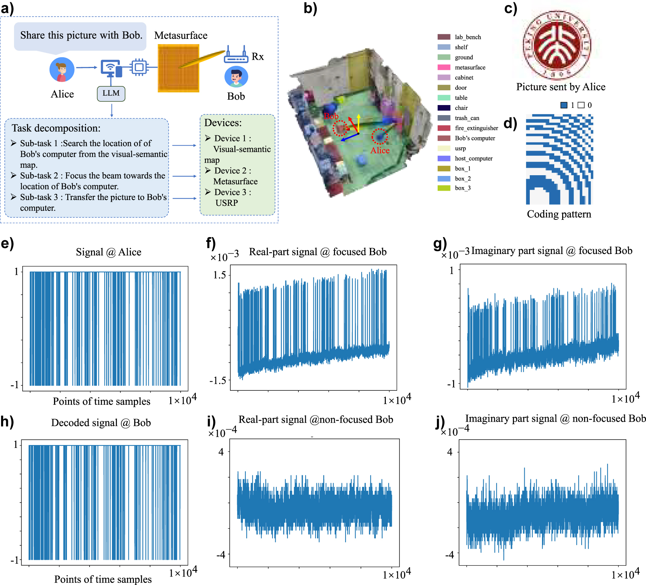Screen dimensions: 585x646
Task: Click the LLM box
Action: click(111, 94)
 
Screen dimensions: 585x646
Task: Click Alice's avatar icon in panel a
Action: click(62, 70)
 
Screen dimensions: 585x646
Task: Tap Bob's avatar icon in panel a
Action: click(236, 77)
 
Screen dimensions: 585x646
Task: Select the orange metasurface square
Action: click(178, 68)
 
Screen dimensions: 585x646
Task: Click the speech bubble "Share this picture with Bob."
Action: click(81, 36)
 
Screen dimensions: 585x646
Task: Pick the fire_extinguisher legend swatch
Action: click(444, 128)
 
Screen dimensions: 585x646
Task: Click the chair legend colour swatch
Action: click(444, 108)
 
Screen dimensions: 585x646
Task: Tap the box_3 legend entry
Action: click(462, 188)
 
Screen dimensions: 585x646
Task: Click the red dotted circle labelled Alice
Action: click(379, 137)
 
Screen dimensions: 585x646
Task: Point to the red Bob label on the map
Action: click(331, 116)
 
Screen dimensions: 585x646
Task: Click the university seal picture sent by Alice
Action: click(556, 45)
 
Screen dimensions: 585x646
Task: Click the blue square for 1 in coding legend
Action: click(564, 105)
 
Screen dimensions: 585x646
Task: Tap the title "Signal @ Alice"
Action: click(108, 252)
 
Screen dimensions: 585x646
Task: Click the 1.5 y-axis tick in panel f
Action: click(220, 275)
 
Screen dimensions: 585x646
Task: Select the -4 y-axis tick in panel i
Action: click(221, 555)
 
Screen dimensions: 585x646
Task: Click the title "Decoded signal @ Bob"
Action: click(101, 423)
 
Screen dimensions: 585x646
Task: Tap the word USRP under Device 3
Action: click(227, 203)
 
